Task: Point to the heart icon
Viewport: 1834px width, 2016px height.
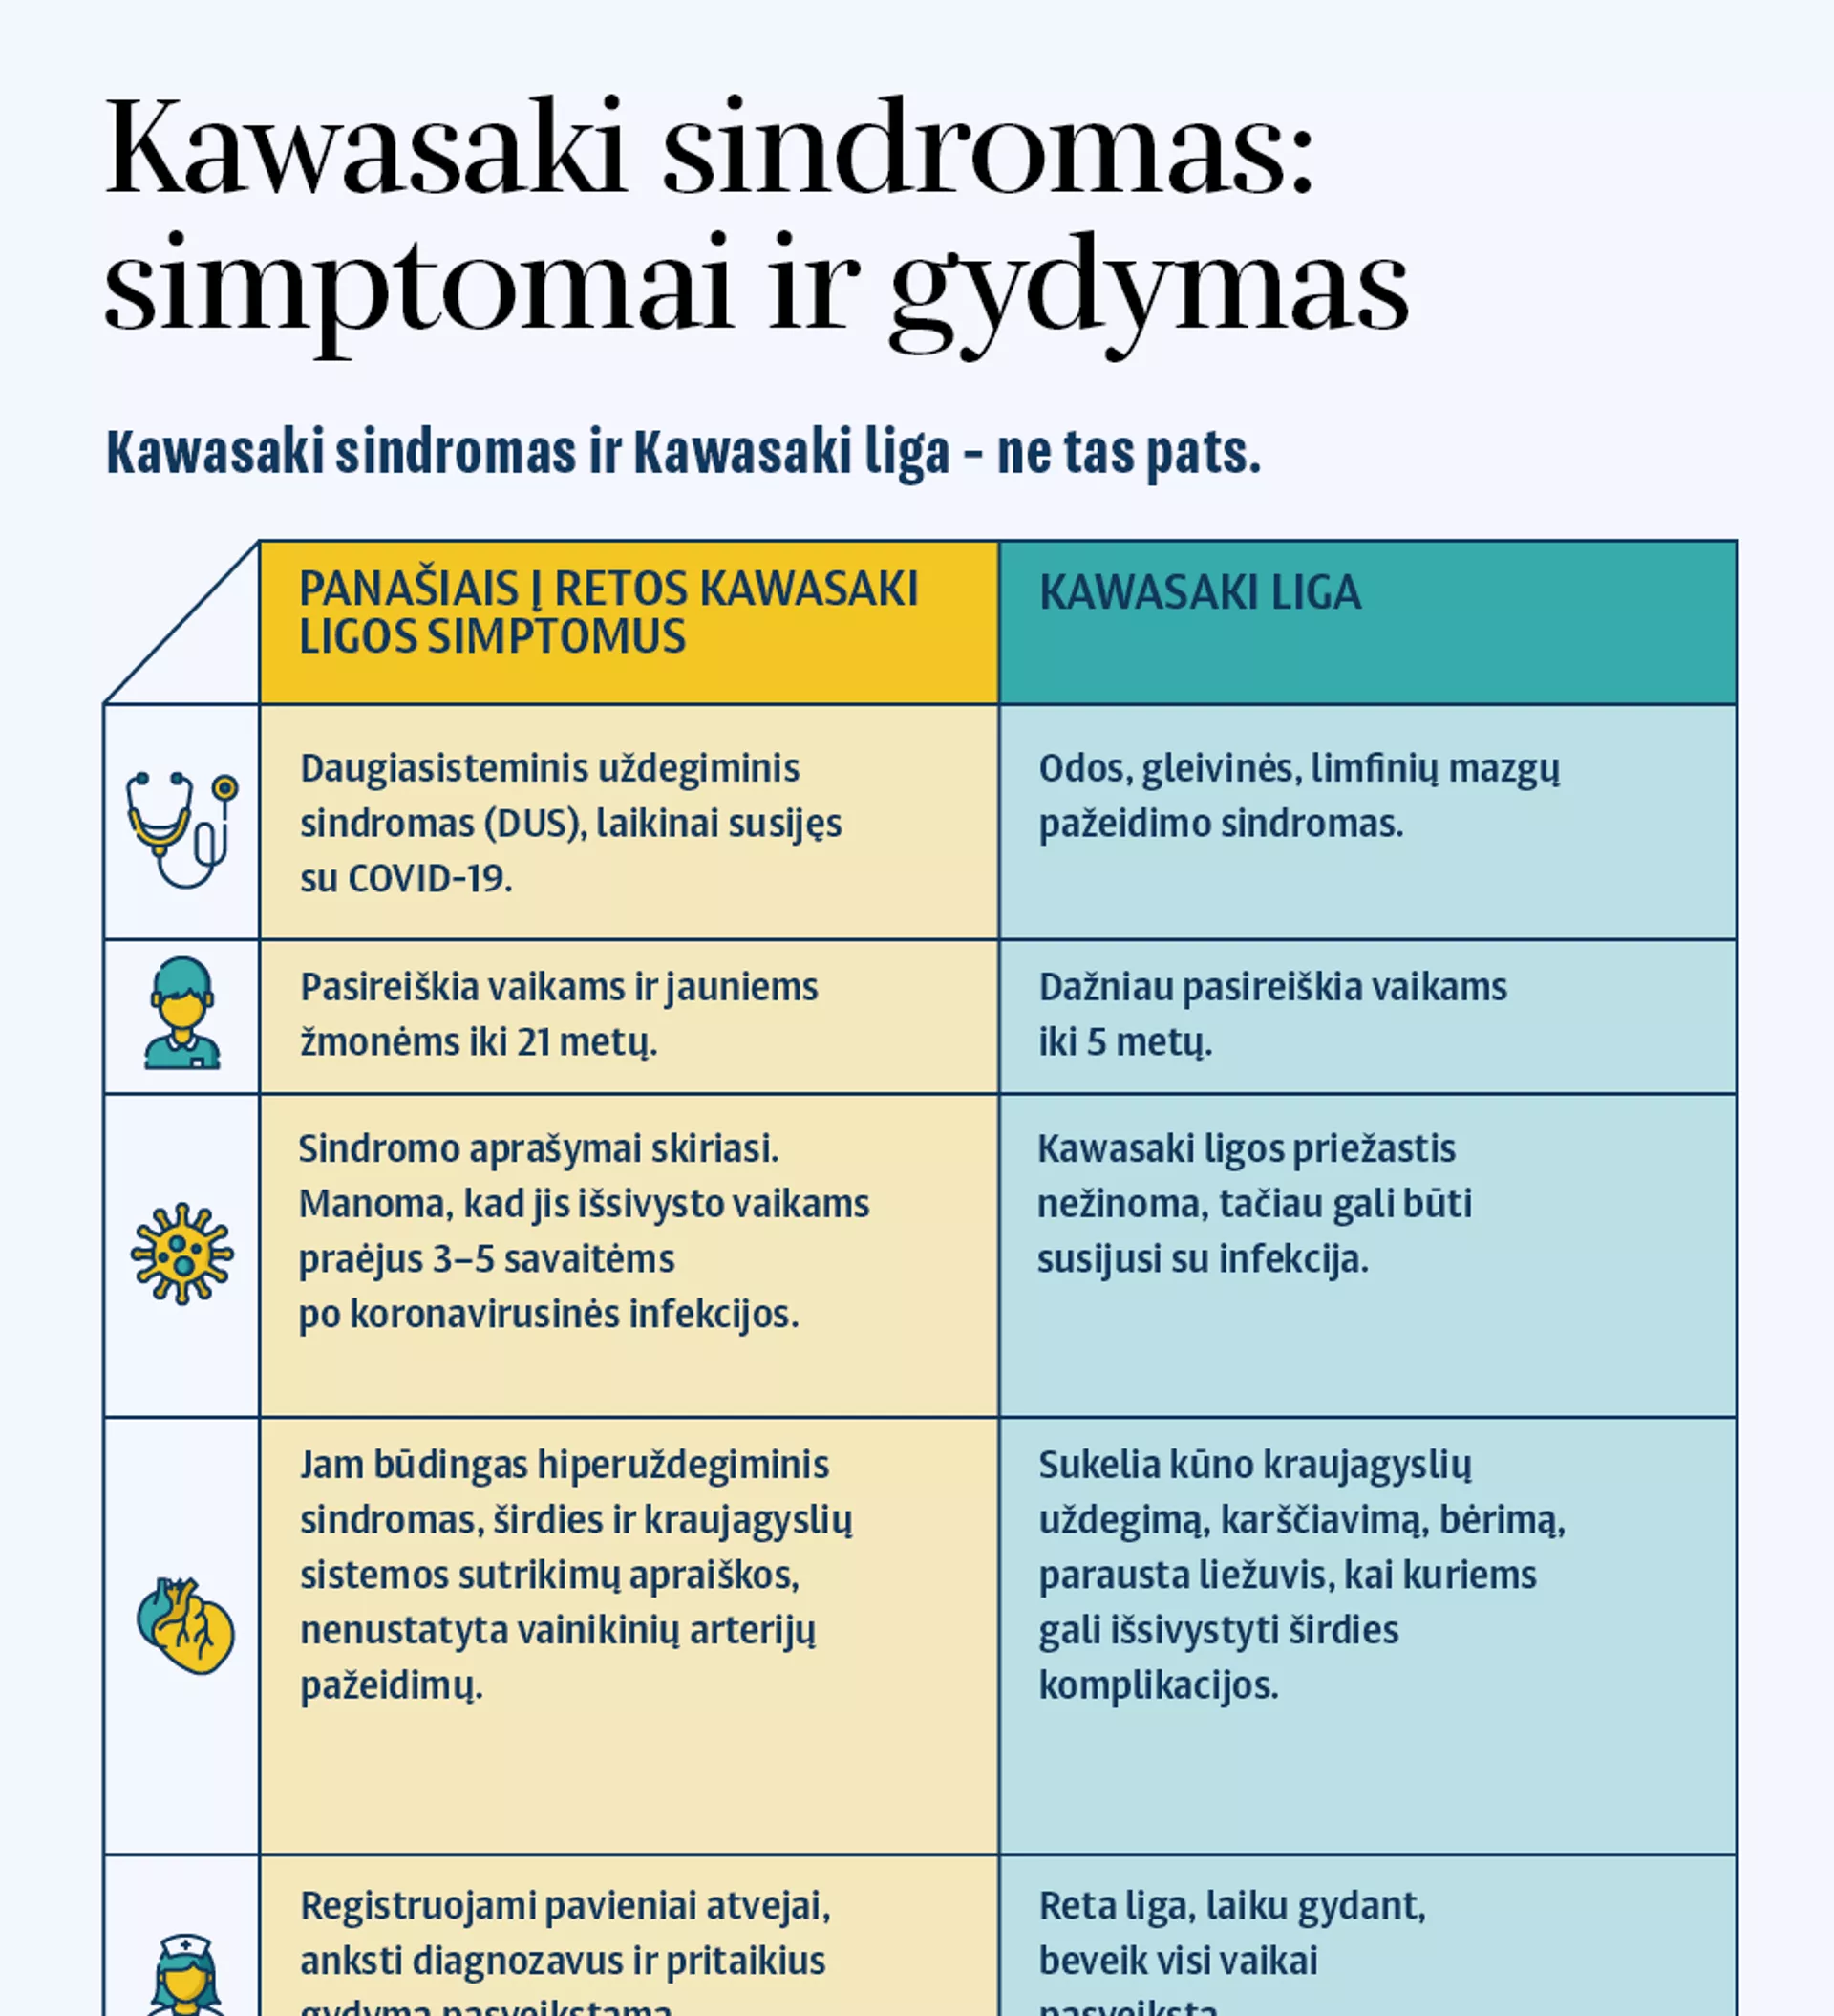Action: coord(185,1626)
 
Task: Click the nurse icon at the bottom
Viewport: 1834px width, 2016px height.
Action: coord(185,1975)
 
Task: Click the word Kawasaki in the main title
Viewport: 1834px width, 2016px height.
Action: coord(366,150)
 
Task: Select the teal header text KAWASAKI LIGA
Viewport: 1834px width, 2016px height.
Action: coord(1200,593)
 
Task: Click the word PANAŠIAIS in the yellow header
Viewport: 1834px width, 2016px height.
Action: coord(408,589)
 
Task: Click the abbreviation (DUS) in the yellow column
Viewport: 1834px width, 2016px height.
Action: coord(535,824)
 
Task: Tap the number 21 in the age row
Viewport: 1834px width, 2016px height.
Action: coord(533,1043)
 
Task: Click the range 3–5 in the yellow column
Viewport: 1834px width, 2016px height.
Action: coord(467,1259)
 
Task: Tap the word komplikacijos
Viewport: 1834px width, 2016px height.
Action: coord(1158,1685)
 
